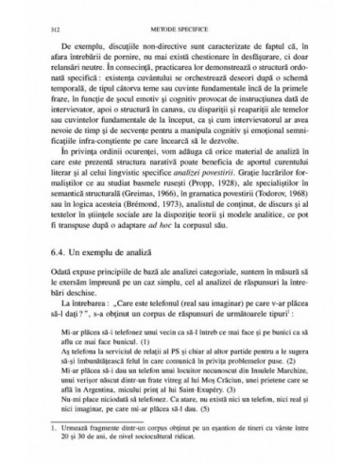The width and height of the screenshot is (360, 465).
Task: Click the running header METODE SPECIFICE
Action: [x=180, y=30]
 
